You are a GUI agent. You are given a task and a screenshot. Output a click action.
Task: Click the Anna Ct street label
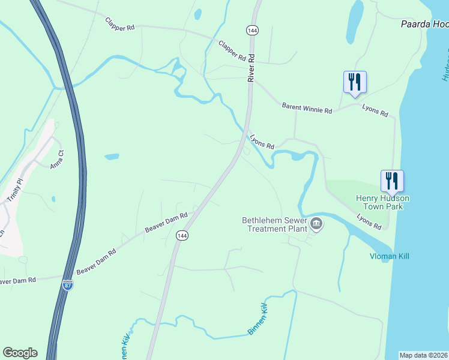(x=57, y=160)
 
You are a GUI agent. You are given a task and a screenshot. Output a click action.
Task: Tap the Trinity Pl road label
(x=14, y=190)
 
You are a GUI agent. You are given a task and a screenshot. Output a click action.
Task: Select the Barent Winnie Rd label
(x=307, y=109)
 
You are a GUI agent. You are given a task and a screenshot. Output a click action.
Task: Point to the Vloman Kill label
(x=388, y=256)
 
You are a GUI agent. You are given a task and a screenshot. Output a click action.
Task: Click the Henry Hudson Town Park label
(x=382, y=202)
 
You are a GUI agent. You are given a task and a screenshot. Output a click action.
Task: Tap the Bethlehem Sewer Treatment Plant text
(x=274, y=224)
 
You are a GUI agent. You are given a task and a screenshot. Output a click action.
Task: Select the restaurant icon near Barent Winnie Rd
(x=355, y=82)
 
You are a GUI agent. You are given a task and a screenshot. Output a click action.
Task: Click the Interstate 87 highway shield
(x=67, y=285)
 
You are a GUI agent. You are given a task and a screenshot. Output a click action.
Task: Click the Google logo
(x=20, y=353)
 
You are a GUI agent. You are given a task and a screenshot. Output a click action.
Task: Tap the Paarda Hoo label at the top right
(x=424, y=25)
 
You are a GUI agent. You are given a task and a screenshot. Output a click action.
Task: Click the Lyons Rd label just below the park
(x=369, y=222)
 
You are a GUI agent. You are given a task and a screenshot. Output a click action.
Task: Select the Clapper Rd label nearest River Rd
(x=232, y=51)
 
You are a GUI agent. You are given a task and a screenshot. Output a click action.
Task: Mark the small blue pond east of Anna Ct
(x=112, y=157)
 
